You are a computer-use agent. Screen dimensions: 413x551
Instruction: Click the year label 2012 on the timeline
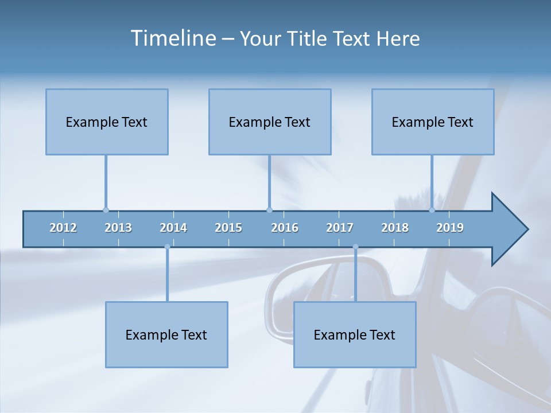(x=63, y=228)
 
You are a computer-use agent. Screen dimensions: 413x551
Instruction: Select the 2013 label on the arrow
(x=118, y=228)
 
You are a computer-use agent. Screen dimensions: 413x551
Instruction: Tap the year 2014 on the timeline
(x=173, y=228)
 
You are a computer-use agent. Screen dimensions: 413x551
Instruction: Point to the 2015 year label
(x=228, y=228)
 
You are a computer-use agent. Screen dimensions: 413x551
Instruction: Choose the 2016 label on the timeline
(x=285, y=228)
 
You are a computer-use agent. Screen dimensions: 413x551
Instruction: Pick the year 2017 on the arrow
(x=340, y=228)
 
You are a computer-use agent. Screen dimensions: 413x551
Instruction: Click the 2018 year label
(x=395, y=228)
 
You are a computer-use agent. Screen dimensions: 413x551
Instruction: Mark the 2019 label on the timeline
(x=450, y=228)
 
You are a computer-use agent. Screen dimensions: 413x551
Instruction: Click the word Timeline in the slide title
(x=172, y=38)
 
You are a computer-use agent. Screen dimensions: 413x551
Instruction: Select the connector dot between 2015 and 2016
(x=269, y=210)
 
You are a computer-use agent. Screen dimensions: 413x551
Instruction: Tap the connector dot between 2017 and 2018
(x=355, y=247)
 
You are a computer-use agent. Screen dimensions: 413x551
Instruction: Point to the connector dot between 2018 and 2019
(x=432, y=210)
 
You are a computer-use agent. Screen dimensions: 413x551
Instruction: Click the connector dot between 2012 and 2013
(x=106, y=210)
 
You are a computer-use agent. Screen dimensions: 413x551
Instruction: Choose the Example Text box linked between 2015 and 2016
(x=270, y=122)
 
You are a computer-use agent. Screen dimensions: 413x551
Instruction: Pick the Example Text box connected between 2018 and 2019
(x=433, y=122)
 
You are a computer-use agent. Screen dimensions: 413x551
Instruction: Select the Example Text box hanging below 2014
(x=166, y=334)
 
